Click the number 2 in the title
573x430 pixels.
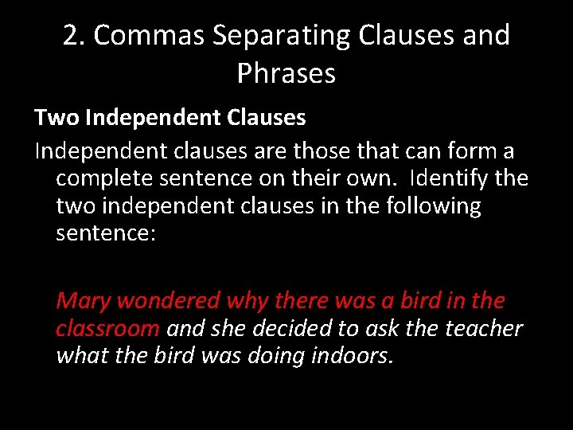pyautogui.click(x=71, y=37)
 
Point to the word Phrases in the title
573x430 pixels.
pyautogui.click(x=286, y=74)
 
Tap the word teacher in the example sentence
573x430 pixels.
pyautogui.click(x=485, y=329)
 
